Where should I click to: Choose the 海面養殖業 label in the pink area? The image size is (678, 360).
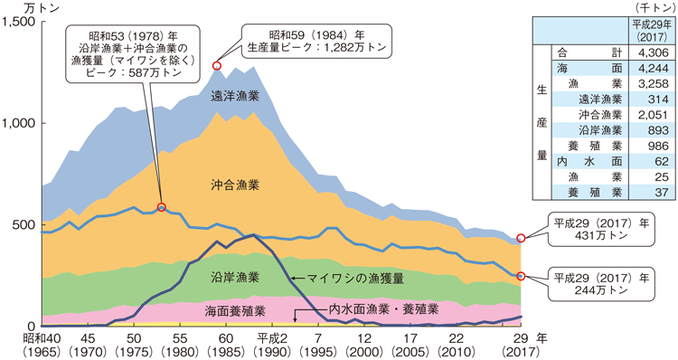(236, 310)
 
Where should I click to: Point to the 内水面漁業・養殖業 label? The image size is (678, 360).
(383, 308)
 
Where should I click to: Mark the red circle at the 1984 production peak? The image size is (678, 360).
(217, 66)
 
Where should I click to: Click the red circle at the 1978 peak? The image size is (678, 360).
(163, 207)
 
